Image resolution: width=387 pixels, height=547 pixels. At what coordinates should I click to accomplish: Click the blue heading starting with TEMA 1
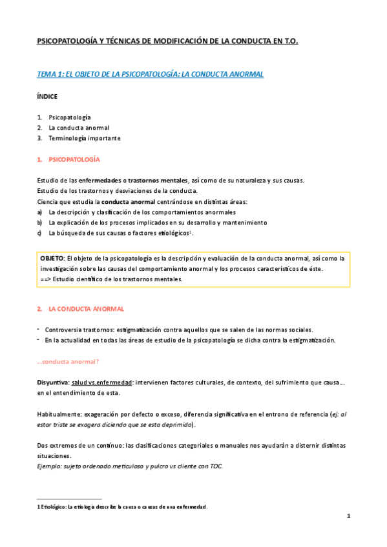point(150,75)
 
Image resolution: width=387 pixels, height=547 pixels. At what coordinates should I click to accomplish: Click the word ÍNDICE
point(47,97)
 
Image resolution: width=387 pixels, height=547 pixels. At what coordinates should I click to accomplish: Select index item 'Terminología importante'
point(84,138)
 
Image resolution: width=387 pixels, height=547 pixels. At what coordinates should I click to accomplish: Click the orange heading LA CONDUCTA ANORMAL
point(81,310)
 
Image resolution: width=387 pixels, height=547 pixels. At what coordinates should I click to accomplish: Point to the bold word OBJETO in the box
point(52,258)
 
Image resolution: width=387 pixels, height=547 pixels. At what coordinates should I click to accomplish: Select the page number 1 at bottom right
point(348,516)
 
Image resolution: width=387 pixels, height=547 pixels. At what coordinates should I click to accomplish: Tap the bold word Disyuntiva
point(54,383)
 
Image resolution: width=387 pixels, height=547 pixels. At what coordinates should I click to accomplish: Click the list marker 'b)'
point(40,223)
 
